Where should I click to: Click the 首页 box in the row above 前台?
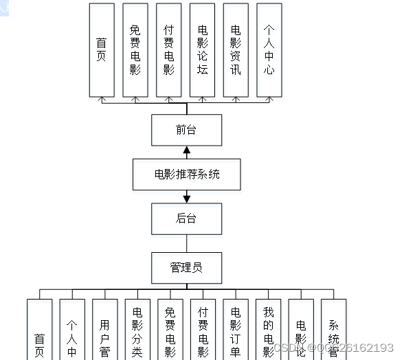(x=102, y=49)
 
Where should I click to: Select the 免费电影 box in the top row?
(x=135, y=49)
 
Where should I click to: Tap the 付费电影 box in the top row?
(x=169, y=49)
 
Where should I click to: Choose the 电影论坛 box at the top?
(x=203, y=49)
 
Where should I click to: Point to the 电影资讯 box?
(x=236, y=49)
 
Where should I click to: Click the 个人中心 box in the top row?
(x=269, y=49)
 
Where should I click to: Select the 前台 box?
(x=186, y=130)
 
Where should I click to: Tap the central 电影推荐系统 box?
(x=187, y=175)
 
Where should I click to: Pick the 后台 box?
(x=186, y=219)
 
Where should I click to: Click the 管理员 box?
(x=186, y=267)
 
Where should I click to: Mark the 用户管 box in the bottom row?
(x=104, y=330)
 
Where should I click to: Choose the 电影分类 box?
(x=137, y=330)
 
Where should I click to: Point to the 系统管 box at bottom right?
(x=334, y=330)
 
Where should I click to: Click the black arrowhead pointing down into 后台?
(x=186, y=199)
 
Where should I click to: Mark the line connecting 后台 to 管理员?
(x=186, y=243)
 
